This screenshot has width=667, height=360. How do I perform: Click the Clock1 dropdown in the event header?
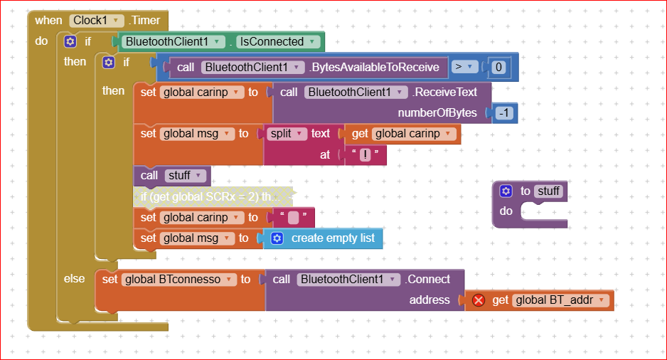pyautogui.click(x=97, y=21)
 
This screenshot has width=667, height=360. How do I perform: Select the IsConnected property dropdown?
pyautogui.click(x=277, y=42)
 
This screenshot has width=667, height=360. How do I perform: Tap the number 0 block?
pyautogui.click(x=498, y=68)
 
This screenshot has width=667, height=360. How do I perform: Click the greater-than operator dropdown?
pyautogui.click(x=464, y=67)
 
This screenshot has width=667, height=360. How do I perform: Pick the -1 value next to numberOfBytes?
pyautogui.click(x=503, y=113)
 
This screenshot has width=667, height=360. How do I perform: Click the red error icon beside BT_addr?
pyautogui.click(x=479, y=300)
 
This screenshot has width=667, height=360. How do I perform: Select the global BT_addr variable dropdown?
pyautogui.click(x=560, y=300)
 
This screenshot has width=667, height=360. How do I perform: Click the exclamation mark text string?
pyautogui.click(x=365, y=154)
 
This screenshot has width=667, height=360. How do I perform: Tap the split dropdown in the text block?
pyautogui.click(x=287, y=134)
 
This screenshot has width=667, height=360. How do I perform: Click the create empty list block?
pyautogui.click(x=324, y=238)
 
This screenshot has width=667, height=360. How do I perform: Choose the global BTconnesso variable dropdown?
pyautogui.click(x=178, y=280)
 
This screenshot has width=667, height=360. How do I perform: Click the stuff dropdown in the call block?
pyautogui.click(x=185, y=176)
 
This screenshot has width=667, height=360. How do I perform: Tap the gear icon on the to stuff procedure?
pyautogui.click(x=506, y=191)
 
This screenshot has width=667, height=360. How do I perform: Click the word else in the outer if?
pyautogui.click(x=75, y=279)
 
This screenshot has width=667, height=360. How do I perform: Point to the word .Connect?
pyautogui.click(x=427, y=280)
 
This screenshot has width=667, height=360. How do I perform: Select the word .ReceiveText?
pyautogui.click(x=444, y=92)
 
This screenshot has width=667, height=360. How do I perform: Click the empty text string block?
pyautogui.click(x=293, y=218)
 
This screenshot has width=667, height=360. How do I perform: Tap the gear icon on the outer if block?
pyautogui.click(x=70, y=41)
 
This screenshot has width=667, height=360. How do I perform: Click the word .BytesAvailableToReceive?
pyautogui.click(x=374, y=68)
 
